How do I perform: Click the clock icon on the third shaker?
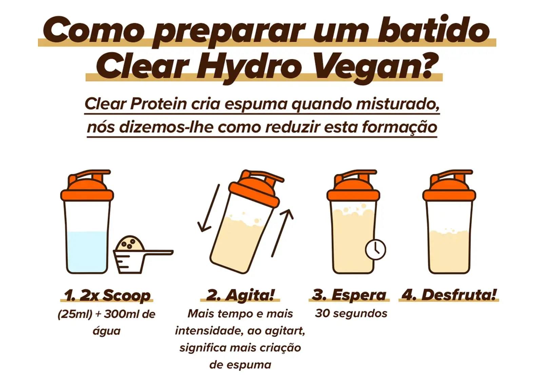click(376, 250)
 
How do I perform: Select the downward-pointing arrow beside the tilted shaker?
click(209, 208)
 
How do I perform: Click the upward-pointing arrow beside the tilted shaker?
click(282, 233)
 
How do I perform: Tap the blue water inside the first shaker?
click(87, 252)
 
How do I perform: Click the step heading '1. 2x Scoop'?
click(107, 296)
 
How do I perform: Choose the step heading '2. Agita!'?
click(240, 295)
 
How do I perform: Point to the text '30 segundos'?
click(351, 313)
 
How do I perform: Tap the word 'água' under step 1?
click(106, 331)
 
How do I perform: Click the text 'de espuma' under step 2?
click(240, 365)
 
